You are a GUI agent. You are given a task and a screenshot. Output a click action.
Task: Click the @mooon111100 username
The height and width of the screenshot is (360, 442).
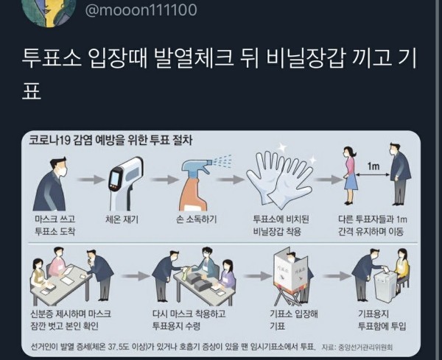point(141,10)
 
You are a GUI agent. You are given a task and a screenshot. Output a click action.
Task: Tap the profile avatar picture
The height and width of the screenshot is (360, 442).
point(49,13)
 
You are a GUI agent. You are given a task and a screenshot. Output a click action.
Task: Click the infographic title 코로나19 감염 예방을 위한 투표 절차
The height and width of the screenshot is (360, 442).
point(110,140)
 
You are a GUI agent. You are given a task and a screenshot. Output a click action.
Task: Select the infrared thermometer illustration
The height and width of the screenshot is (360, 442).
point(126,184)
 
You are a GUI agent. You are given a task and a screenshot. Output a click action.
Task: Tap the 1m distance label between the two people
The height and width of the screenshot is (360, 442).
point(373,166)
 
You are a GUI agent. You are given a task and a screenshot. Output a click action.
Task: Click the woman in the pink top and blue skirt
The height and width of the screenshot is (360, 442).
point(350,175)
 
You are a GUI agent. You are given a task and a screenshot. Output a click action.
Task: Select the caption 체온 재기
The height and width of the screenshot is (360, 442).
point(122,219)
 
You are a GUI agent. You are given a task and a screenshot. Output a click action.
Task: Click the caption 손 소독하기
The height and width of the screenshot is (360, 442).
point(196,219)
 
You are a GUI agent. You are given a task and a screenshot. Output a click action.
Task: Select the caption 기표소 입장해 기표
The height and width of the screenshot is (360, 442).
point(294,320)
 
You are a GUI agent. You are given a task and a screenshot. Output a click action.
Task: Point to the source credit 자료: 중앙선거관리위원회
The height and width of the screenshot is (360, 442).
point(357,347)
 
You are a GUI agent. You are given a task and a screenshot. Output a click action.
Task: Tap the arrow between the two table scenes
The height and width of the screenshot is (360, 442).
point(136,276)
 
